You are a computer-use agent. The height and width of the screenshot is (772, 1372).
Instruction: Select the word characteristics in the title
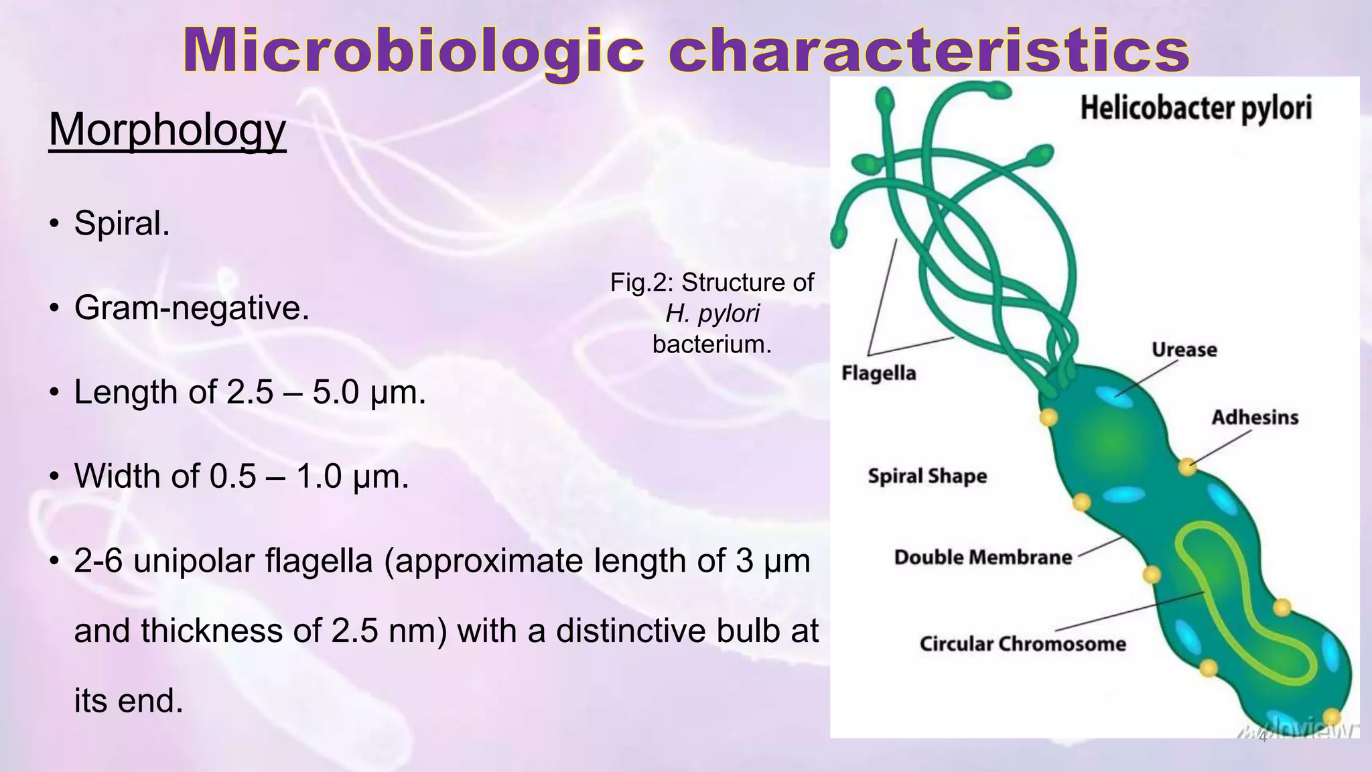929,51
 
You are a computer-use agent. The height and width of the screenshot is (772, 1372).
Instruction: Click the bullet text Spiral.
122,222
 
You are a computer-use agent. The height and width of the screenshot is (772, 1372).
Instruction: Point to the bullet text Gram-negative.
192,308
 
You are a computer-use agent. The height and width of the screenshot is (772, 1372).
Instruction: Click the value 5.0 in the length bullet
336,392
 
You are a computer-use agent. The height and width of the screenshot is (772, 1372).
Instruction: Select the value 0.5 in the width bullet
232,476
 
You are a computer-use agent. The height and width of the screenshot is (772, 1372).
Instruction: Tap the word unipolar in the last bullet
194,561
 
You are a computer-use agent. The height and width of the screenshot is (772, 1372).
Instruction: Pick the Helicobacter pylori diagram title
1196,109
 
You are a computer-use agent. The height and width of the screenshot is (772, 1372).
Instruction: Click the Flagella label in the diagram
878,373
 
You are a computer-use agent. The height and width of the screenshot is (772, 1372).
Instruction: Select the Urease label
1184,350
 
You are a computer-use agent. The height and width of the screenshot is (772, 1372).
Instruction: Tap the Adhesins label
1255,417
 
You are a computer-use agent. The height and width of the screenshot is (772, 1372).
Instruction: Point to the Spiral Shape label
927,476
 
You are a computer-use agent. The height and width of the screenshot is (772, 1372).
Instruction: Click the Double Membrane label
983,558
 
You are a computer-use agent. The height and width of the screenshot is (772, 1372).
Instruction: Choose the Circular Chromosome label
1022,644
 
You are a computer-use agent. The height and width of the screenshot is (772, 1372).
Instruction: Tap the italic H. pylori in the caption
712,314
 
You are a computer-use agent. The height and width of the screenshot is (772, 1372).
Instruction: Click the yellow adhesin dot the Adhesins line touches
1187,466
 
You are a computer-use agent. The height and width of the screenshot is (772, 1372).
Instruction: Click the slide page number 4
1262,738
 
